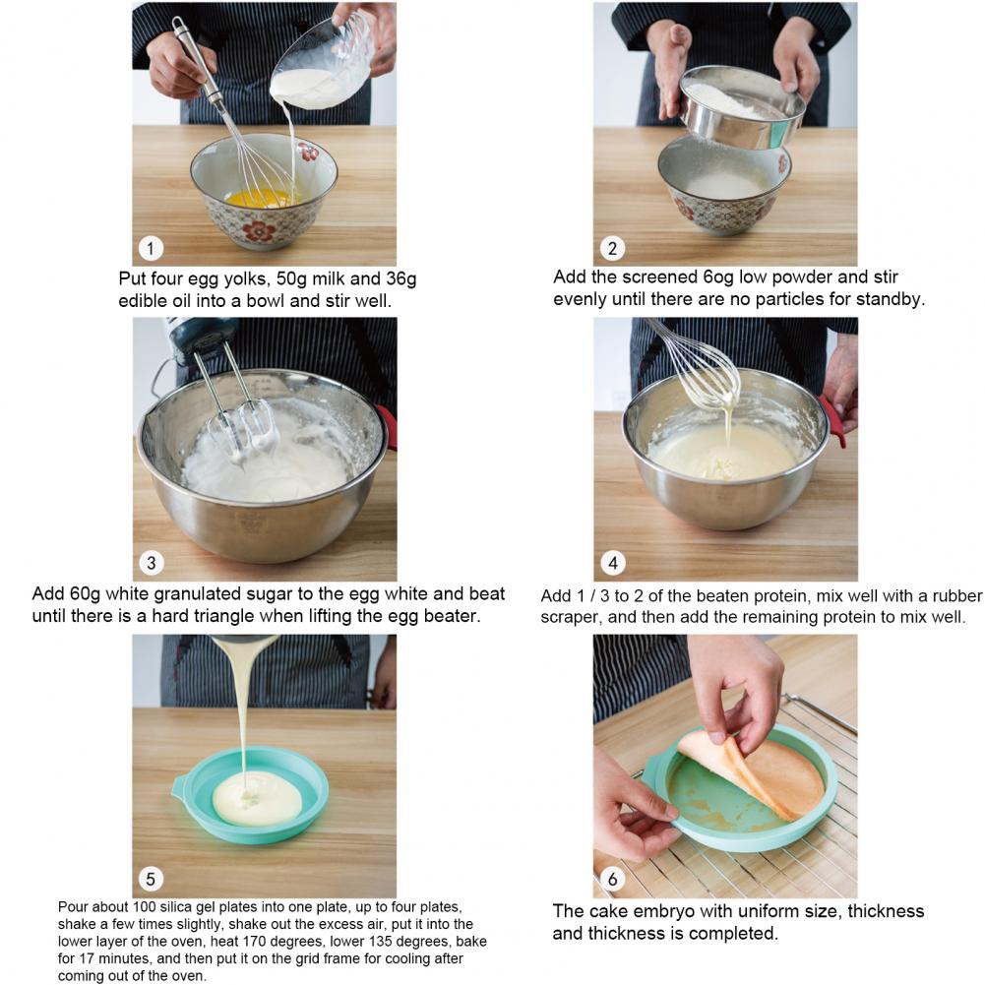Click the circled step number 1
(151, 248)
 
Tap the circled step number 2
(612, 248)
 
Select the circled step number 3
(151, 563)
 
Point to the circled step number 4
(613, 563)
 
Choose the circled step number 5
(151, 878)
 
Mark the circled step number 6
(612, 878)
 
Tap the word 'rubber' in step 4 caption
(957, 595)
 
